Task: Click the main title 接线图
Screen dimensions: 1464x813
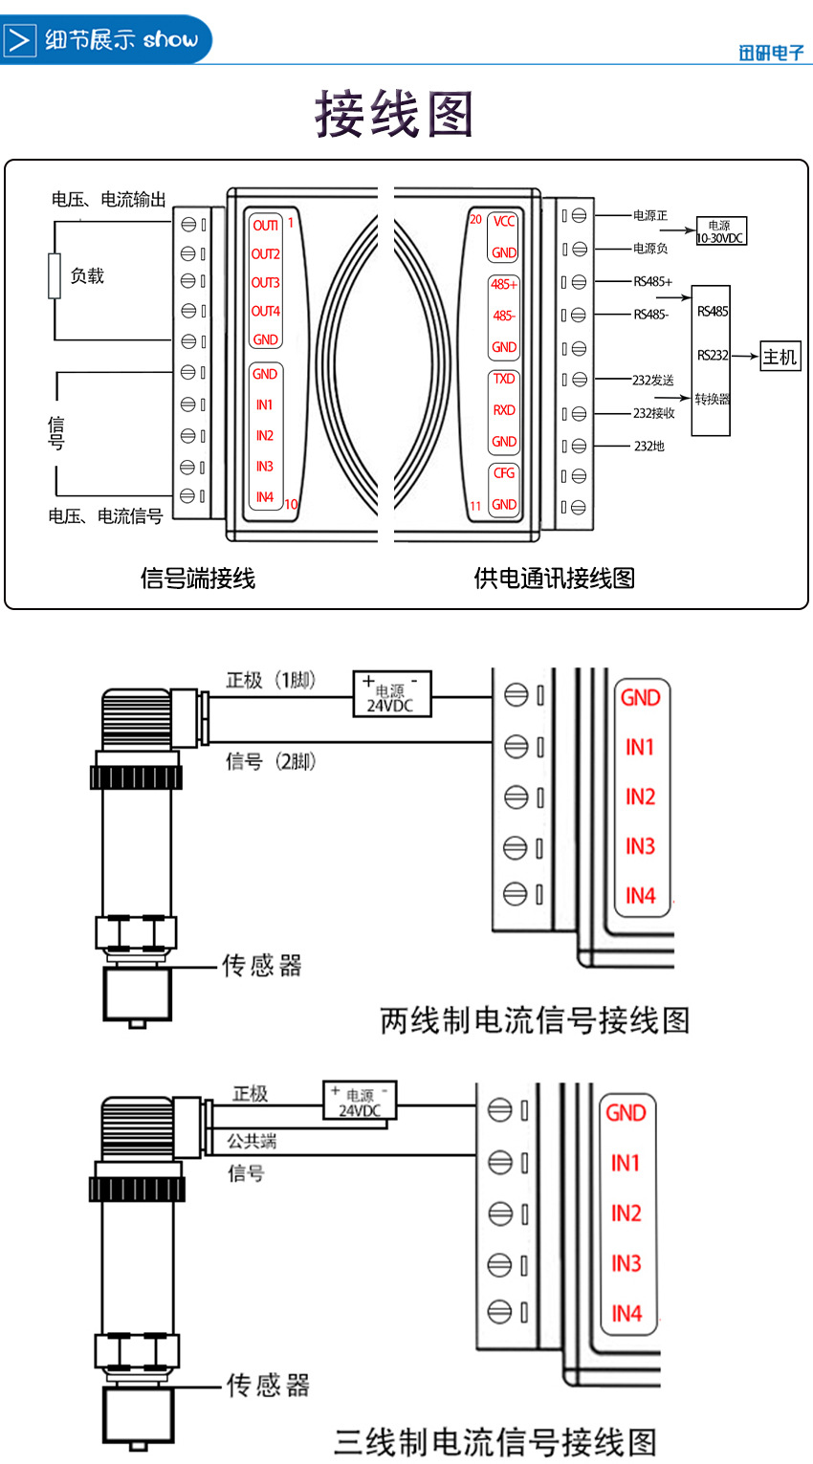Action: click(394, 115)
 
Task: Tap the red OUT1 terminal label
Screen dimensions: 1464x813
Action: click(265, 226)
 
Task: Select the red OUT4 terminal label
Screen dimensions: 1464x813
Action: click(265, 312)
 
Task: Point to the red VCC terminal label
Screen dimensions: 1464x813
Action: click(504, 222)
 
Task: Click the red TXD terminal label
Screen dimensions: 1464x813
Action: click(504, 379)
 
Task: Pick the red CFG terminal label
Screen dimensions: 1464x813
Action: click(504, 473)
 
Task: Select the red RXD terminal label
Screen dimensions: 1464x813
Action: click(504, 410)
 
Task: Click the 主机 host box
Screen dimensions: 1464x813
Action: click(780, 357)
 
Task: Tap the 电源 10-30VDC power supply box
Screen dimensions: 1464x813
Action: click(721, 231)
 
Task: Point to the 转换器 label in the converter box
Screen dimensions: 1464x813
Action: click(712, 399)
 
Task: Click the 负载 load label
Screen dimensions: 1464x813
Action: click(87, 276)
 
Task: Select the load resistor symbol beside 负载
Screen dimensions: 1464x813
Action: click(55, 276)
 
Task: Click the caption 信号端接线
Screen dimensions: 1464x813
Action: click(198, 578)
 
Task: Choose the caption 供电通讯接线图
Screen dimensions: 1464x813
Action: click(554, 578)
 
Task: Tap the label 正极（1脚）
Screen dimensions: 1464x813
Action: click(271, 681)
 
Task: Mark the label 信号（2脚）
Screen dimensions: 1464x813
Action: click(271, 762)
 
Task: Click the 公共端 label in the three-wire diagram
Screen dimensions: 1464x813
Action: click(251, 1141)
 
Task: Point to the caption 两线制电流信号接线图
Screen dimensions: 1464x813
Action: click(535, 1020)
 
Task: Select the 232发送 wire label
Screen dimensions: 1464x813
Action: click(653, 381)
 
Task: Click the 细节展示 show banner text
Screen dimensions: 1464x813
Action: click(121, 40)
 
